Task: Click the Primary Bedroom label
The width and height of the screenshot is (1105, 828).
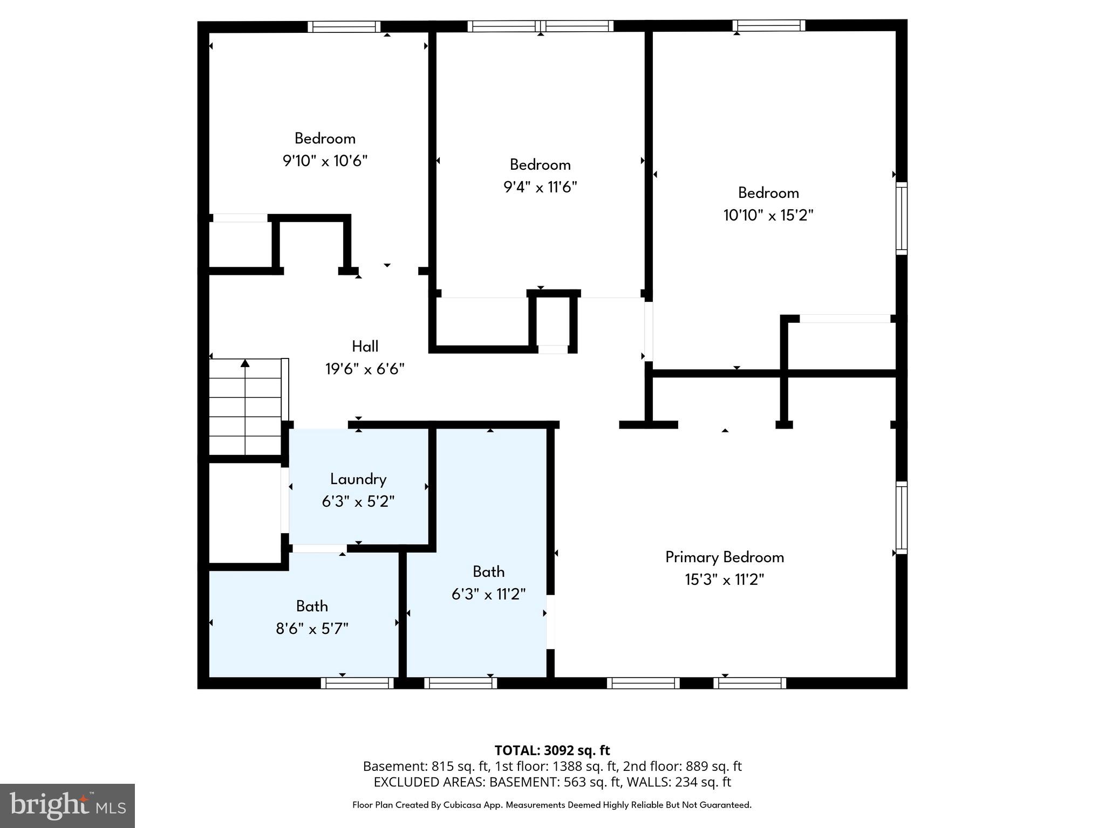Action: click(x=724, y=557)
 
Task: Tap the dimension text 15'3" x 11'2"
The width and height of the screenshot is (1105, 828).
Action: click(x=724, y=579)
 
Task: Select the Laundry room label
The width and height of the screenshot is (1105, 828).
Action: click(x=358, y=479)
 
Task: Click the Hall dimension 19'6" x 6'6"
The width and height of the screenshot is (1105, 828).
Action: click(x=365, y=369)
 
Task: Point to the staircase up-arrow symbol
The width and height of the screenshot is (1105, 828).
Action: click(x=245, y=363)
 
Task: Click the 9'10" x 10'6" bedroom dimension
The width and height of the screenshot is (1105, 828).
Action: click(x=325, y=161)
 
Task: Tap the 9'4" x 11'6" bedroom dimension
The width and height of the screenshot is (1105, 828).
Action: click(x=540, y=187)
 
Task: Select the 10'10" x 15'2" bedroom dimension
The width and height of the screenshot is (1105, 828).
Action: click(x=768, y=216)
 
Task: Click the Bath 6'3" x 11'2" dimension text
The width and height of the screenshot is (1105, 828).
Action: click(x=488, y=594)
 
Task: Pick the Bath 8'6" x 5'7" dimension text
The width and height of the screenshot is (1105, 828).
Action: click(x=312, y=629)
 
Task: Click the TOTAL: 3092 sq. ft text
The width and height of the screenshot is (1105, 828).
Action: click(x=552, y=750)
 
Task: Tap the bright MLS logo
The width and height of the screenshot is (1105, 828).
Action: click(x=67, y=805)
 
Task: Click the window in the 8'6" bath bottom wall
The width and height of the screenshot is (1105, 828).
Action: click(x=357, y=683)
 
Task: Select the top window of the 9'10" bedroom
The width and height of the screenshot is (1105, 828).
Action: click(x=344, y=26)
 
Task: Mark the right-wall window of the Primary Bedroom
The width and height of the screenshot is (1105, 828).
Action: click(x=901, y=517)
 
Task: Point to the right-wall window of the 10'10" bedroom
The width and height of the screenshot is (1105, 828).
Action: click(x=901, y=218)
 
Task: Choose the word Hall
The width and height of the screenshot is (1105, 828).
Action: click(x=365, y=346)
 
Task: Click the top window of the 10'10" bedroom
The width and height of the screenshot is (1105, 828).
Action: click(x=769, y=25)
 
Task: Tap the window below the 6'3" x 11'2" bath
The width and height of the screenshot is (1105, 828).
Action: click(x=460, y=683)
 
